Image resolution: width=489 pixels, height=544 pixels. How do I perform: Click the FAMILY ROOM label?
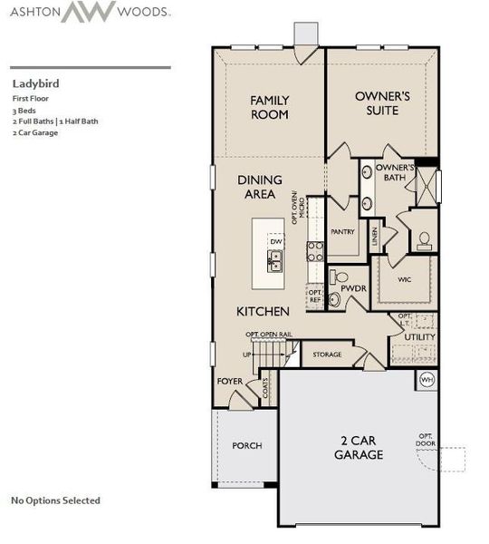point(269,107)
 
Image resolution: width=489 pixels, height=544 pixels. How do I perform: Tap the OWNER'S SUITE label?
point(382,102)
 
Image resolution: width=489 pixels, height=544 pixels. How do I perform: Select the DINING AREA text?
point(258,187)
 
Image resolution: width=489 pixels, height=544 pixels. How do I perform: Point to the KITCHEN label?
point(263,311)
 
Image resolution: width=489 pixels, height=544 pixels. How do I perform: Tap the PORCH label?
point(246,445)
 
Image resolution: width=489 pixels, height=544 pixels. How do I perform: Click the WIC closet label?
point(404,279)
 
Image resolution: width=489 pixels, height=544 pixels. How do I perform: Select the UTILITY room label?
point(419,336)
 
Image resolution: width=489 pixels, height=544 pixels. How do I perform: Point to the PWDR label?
point(352,289)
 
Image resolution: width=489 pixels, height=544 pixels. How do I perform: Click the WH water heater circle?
point(427,379)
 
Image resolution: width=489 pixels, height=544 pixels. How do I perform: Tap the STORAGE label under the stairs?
point(327,355)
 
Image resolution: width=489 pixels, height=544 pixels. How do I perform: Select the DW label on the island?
point(275,242)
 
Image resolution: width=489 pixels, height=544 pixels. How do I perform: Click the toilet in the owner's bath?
point(424,239)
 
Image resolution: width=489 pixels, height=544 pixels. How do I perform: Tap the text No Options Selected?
point(55,500)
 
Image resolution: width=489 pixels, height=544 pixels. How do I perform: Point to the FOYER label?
point(229,381)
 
